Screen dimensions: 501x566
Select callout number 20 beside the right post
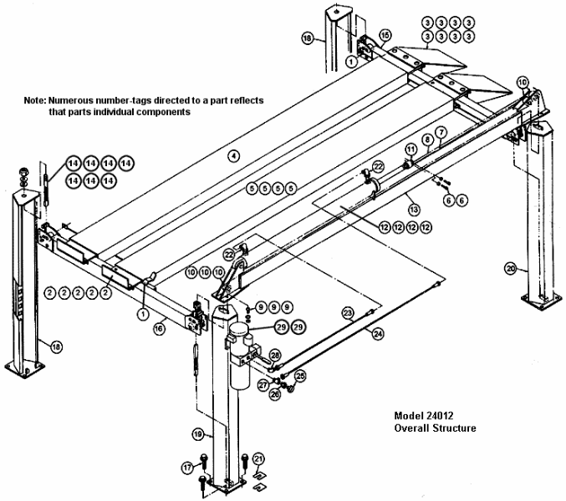coord(511,268)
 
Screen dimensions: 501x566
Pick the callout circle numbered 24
coord(378,333)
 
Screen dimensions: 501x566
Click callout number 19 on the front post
coord(198,434)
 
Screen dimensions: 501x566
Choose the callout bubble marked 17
coord(187,468)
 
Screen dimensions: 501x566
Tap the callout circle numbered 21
coord(258,458)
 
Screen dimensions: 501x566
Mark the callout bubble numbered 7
coord(441,132)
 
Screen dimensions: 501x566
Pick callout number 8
coord(427,139)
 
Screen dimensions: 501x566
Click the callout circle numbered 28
coord(275,355)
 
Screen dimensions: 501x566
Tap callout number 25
coord(301,377)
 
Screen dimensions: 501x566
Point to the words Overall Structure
coord(436,428)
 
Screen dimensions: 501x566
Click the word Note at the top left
coord(35,99)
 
